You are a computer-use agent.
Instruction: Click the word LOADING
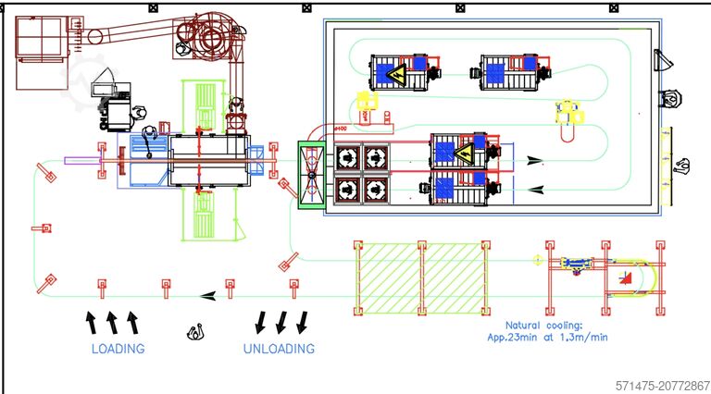118,349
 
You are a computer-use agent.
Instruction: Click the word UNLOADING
279,349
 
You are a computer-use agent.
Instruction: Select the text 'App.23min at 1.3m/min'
556,338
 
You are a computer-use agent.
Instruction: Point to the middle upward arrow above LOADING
111,322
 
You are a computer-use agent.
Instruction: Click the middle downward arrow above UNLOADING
281,322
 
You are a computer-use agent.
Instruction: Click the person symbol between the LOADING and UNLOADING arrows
195,331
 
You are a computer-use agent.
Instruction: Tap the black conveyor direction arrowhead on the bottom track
210,296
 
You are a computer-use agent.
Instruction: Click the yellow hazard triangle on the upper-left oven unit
395,74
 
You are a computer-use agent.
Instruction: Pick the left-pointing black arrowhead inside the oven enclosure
535,190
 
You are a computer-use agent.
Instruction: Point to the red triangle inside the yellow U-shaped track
627,277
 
